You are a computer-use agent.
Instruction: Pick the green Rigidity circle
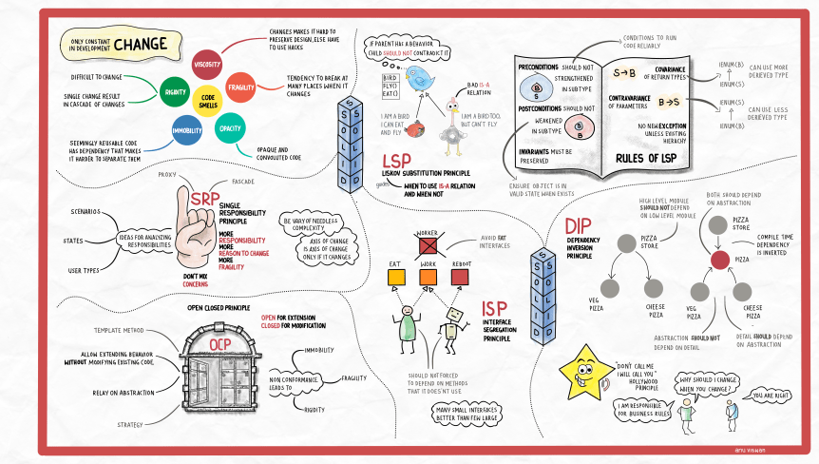[x=174, y=91]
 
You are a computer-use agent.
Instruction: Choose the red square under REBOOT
[x=462, y=277]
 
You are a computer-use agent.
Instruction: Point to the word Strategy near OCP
[x=130, y=424]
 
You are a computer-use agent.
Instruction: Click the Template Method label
[x=123, y=330]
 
